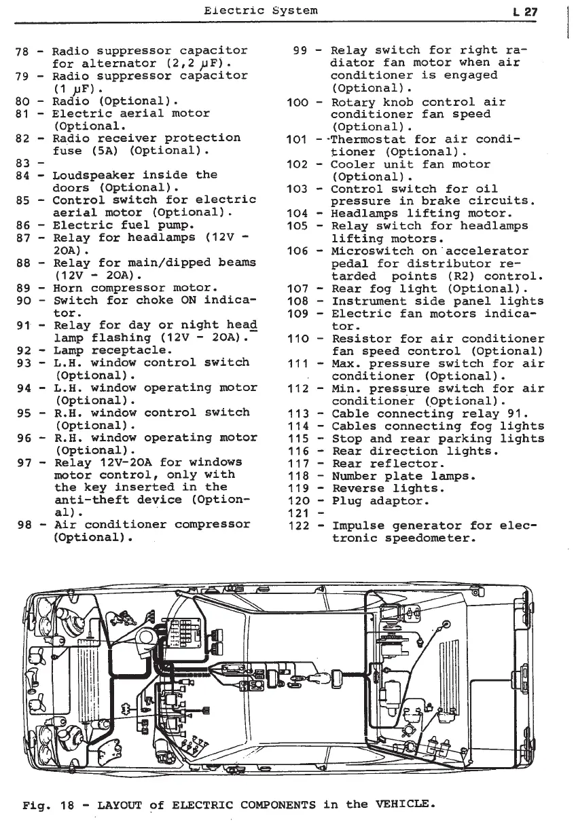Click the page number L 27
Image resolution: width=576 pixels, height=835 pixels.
point(525,11)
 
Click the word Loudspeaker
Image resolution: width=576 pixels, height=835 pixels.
point(96,175)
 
